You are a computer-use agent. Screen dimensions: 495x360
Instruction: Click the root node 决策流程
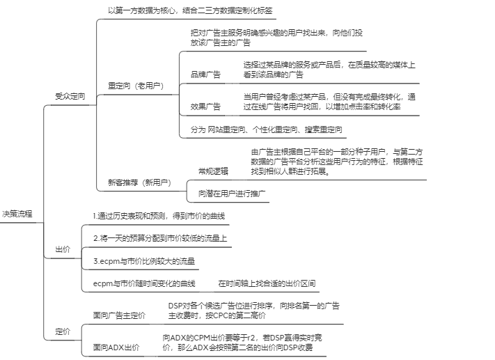pyautogui.click(x=17, y=214)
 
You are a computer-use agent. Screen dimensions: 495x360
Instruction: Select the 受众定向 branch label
pyautogui.click(x=70, y=96)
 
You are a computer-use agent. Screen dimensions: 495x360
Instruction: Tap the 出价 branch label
pyautogui.click(x=63, y=249)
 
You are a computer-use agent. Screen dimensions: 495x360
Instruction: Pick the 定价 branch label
pyautogui.click(x=63, y=331)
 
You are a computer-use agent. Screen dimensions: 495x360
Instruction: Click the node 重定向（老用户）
pyautogui.click(x=136, y=86)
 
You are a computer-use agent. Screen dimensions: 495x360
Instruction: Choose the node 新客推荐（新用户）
pyautogui.click(x=139, y=182)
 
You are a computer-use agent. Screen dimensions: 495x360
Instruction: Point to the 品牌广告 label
pyautogui.click(x=205, y=75)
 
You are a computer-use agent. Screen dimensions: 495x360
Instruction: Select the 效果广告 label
pyautogui.click(x=205, y=107)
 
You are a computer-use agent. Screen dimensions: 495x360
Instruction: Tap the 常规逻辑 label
pyautogui.click(x=213, y=171)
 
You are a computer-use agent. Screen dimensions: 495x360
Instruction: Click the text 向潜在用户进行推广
pyautogui.click(x=232, y=194)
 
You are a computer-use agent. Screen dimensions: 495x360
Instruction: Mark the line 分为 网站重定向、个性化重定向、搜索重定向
pyautogui.click(x=266, y=130)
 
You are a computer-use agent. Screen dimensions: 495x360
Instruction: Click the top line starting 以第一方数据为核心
pyautogui.click(x=190, y=10)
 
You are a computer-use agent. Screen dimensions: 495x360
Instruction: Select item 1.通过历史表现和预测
pyautogui.click(x=159, y=216)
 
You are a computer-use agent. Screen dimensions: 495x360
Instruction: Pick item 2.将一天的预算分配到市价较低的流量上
pyautogui.click(x=160, y=238)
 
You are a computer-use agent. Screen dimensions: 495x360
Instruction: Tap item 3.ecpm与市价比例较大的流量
pyautogui.click(x=144, y=261)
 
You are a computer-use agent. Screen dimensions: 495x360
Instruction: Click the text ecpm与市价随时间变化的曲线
pyautogui.click(x=144, y=283)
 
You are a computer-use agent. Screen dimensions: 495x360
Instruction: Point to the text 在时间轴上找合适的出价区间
pyautogui.click(x=267, y=283)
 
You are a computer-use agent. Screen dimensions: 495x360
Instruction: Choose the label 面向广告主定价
pyautogui.click(x=119, y=315)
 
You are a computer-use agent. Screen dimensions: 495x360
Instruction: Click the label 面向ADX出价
pyautogui.click(x=116, y=347)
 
